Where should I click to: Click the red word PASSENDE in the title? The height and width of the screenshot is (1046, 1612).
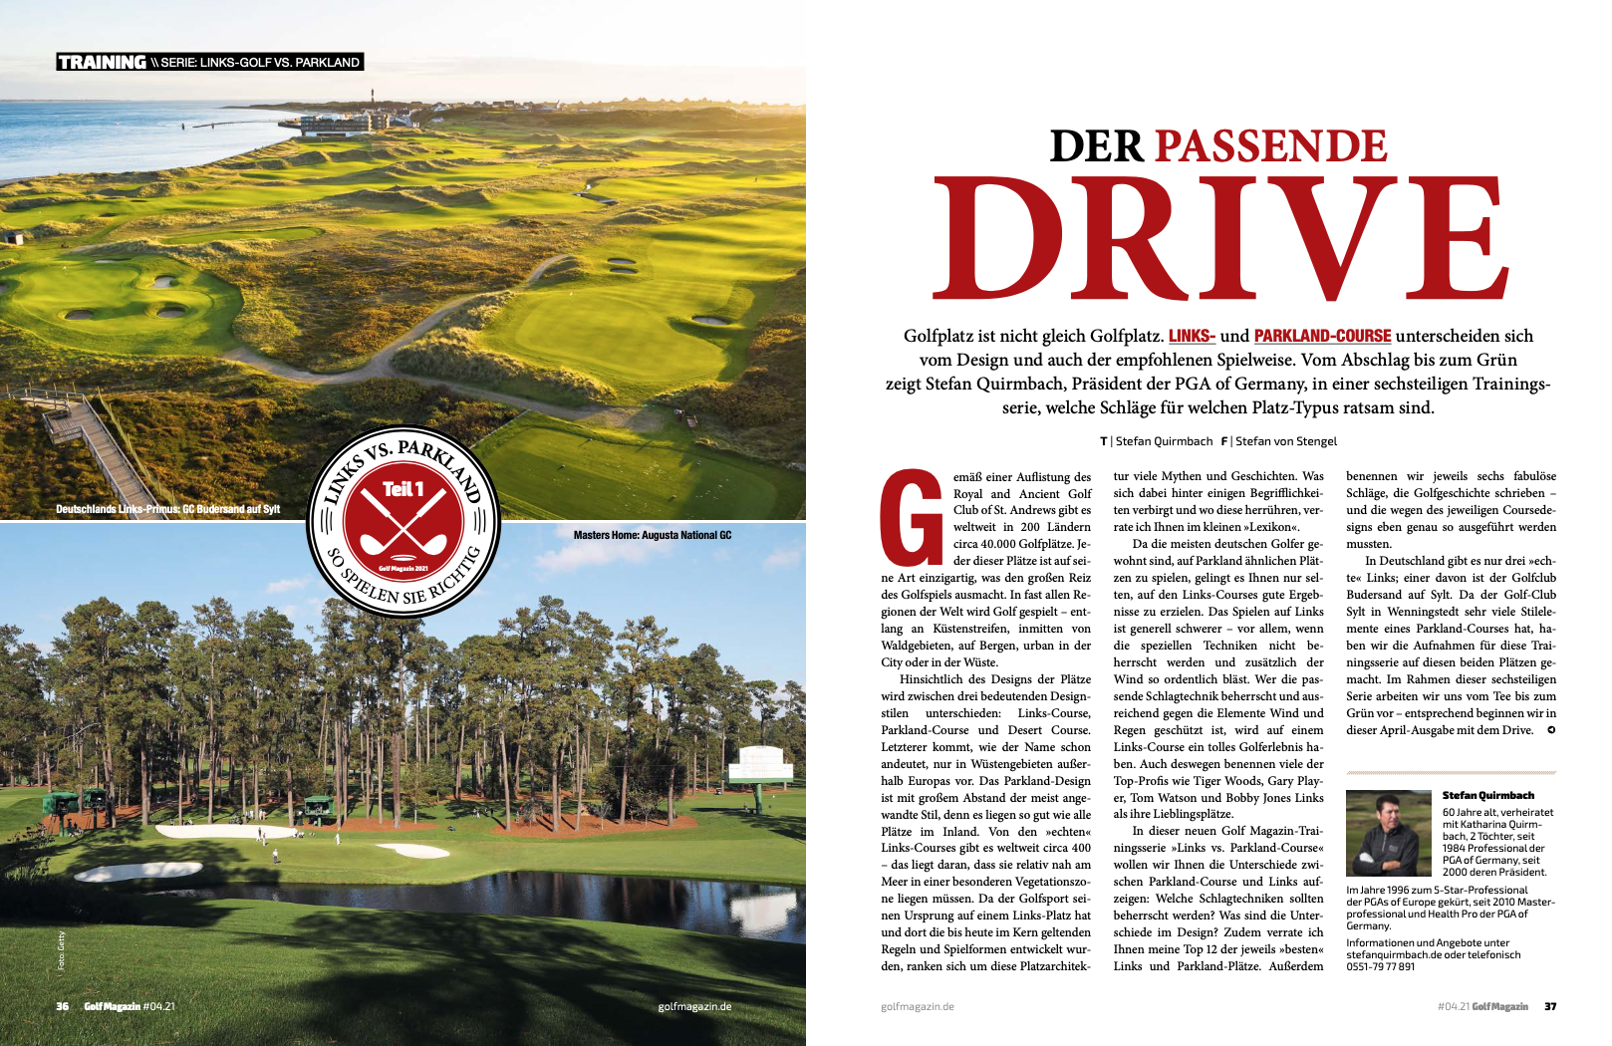(1270, 146)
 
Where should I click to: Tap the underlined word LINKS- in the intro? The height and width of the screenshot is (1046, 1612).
(1192, 336)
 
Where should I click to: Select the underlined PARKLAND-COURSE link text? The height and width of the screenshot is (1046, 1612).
(1322, 336)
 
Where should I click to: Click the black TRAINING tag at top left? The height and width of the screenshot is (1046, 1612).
(102, 62)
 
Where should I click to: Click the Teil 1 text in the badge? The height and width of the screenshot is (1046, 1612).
(403, 489)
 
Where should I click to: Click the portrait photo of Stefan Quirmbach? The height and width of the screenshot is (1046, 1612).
(1388, 833)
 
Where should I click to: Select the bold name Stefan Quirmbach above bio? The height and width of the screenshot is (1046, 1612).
(1487, 795)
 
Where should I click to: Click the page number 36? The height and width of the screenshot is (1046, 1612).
(63, 1006)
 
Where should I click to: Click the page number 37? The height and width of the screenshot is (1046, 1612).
(1550, 1006)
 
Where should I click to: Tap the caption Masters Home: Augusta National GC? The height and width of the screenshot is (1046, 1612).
(652, 535)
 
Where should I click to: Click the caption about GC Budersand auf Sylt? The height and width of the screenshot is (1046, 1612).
(167, 509)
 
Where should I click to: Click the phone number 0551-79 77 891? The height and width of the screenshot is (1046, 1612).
(1380, 966)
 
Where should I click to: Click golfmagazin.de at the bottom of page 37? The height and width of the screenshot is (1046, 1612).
(917, 1006)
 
